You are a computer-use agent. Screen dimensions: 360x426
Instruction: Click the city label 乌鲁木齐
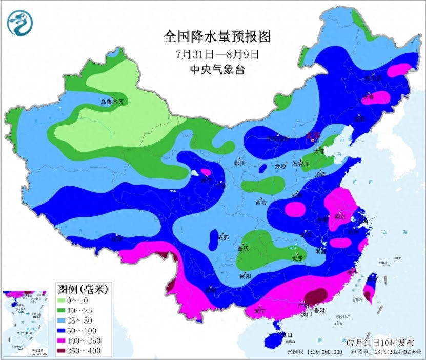point(112,102)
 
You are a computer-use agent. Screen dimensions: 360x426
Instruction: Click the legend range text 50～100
point(86,331)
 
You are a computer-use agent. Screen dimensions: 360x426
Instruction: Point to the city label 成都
point(222,237)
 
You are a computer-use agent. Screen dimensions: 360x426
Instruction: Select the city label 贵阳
point(245,276)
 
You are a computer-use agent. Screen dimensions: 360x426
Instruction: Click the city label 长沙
point(297,258)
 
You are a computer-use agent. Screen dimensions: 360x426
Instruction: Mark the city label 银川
point(240,163)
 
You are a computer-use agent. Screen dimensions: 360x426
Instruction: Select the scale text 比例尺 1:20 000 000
point(314,353)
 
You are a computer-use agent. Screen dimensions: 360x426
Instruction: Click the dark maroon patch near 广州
point(316,296)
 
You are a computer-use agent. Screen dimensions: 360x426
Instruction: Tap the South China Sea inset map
point(26,322)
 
